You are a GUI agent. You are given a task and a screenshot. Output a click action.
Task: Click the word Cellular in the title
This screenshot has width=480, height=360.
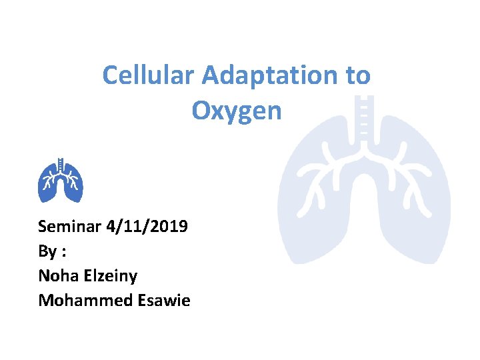click(x=149, y=75)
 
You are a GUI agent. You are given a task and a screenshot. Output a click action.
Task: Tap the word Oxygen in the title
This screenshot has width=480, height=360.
click(x=237, y=111)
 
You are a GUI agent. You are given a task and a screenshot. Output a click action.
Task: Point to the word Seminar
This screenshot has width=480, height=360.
click(x=69, y=226)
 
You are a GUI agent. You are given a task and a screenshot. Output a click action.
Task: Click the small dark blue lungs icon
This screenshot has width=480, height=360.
click(x=61, y=181)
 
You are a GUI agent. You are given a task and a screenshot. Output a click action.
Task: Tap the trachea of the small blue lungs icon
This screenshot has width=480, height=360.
click(x=61, y=163)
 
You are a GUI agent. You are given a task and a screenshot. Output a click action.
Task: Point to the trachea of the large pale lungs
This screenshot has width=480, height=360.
click(x=363, y=120)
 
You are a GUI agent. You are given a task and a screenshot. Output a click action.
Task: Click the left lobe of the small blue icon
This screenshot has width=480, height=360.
click(x=49, y=187)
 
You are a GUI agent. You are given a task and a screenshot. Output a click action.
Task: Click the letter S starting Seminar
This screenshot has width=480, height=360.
click(x=43, y=226)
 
